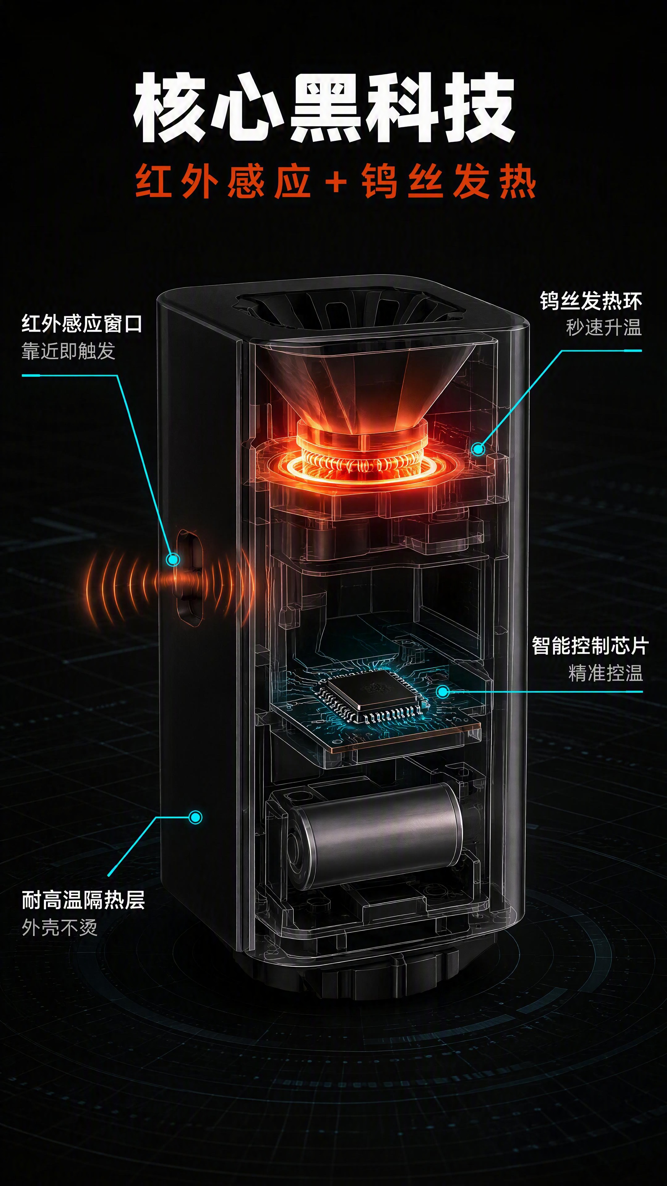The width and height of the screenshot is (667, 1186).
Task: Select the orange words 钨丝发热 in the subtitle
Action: point(449,181)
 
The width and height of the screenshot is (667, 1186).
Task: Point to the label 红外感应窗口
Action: point(82,324)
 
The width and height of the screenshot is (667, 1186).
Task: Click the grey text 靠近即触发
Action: point(68,351)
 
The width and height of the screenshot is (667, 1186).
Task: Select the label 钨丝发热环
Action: point(591,301)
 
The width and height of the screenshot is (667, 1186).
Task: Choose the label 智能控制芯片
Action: point(590,646)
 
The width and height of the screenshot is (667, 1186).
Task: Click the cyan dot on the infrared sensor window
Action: point(173,559)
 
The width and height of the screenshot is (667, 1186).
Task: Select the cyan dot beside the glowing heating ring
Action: point(479,448)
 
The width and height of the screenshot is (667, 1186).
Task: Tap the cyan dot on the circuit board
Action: point(443,691)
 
